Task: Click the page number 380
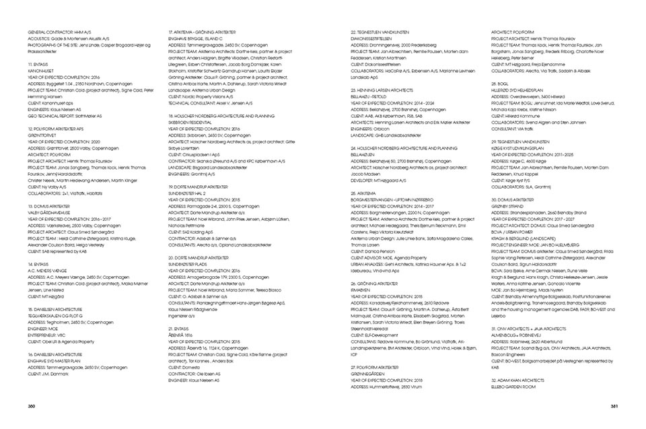[x=31, y=405]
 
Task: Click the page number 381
[x=614, y=405]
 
